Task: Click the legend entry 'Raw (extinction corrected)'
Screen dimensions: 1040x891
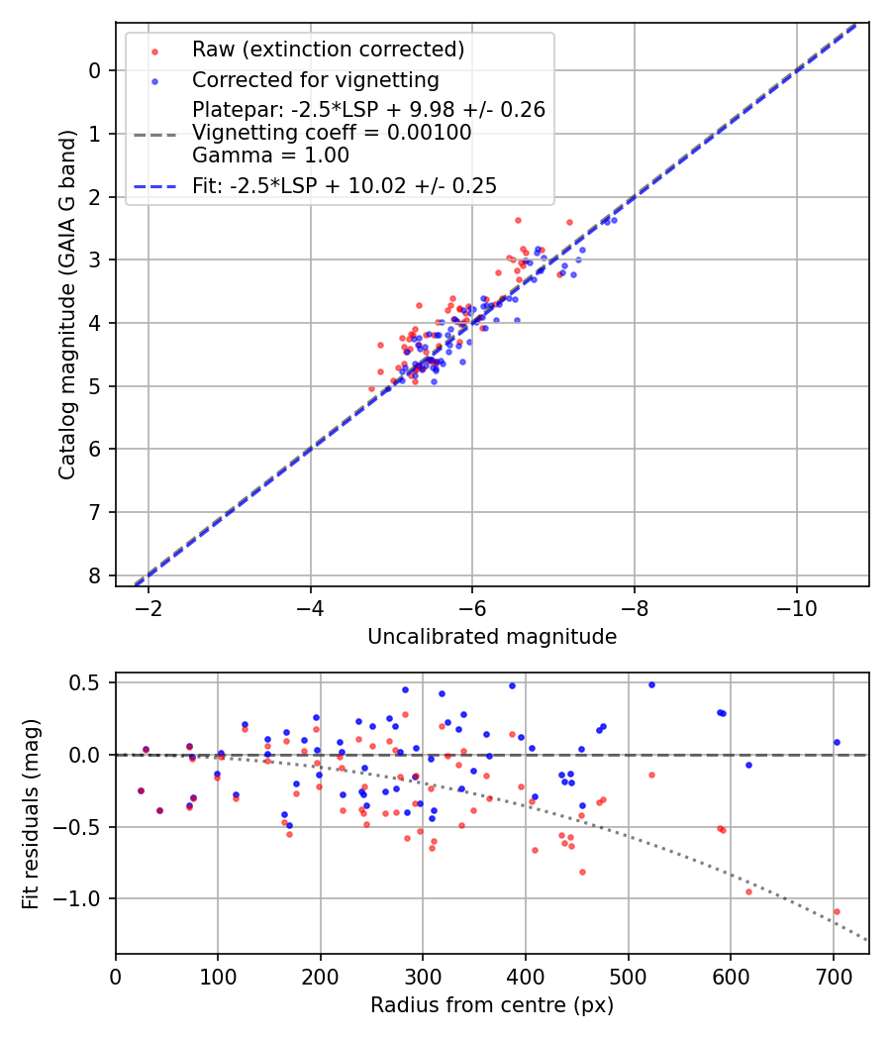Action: click(328, 50)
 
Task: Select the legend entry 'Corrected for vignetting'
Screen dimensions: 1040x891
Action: click(316, 79)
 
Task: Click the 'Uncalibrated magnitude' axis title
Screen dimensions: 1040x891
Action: click(492, 637)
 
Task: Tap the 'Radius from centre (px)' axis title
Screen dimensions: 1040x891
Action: click(492, 1005)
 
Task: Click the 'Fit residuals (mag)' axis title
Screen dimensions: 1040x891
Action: click(31, 813)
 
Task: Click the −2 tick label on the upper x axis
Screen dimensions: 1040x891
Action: click(148, 606)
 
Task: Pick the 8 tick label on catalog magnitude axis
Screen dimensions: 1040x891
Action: click(95, 575)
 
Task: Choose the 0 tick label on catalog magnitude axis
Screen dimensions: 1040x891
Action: click(95, 70)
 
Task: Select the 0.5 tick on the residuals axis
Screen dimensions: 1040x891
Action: click(89, 682)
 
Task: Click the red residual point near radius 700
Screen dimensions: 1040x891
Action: click(837, 911)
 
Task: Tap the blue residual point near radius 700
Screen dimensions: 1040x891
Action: click(837, 742)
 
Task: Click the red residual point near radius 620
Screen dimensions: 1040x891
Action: click(748, 891)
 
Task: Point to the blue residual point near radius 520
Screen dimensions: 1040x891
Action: click(651, 684)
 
